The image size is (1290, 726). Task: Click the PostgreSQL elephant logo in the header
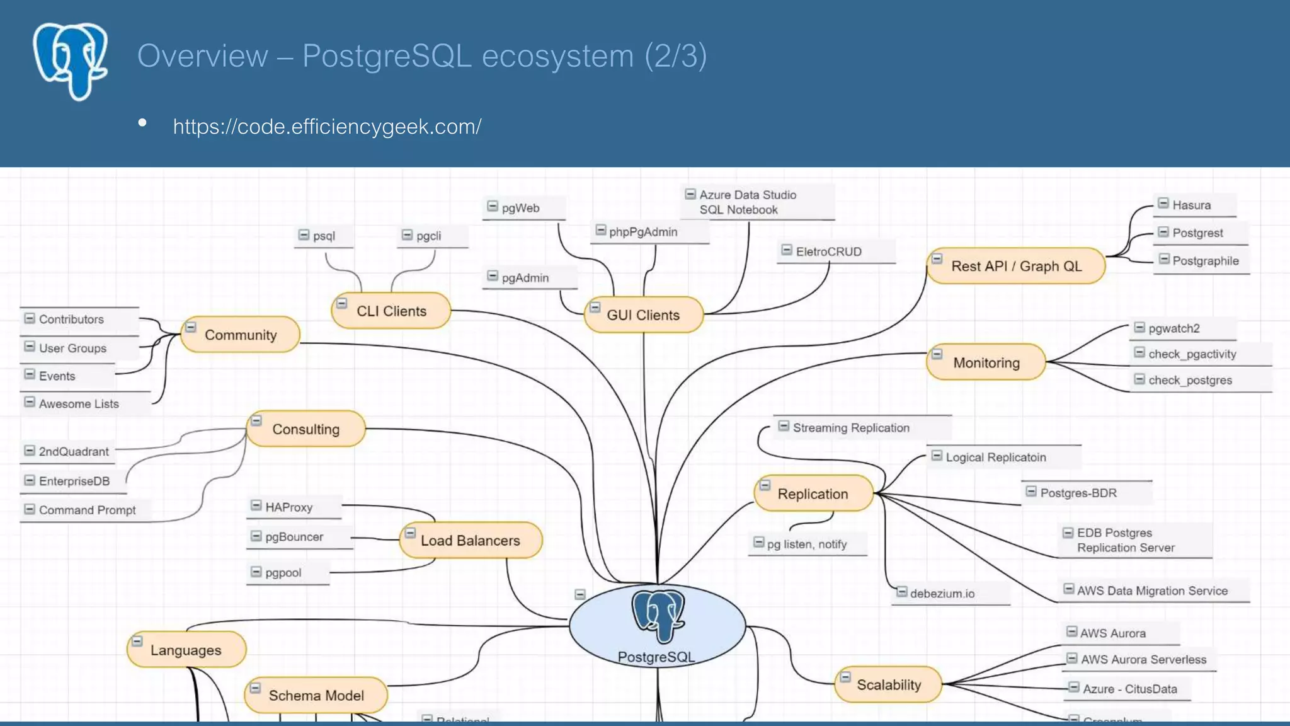(71, 61)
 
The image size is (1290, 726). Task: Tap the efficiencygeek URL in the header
(327, 127)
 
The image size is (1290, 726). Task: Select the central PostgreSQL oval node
(657, 626)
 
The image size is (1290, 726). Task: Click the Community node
(241, 335)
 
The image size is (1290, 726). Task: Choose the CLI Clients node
(391, 311)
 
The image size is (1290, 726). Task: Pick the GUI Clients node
(643, 314)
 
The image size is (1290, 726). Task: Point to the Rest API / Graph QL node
(1016, 266)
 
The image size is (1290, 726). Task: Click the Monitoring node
(986, 362)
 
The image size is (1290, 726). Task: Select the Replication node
(813, 493)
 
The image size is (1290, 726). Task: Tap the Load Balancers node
(470, 540)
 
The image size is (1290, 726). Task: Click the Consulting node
(305, 429)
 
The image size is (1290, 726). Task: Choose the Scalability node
(888, 684)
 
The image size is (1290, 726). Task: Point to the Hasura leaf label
(1191, 205)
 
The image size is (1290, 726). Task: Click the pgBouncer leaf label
(294, 537)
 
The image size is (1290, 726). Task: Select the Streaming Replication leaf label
(851, 428)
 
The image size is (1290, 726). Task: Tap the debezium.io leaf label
(942, 593)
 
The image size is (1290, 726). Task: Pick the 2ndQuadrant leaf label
(74, 451)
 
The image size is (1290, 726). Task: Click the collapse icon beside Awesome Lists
(30, 402)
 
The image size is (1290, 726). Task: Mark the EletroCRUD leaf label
(828, 251)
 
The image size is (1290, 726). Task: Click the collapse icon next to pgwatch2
(1139, 327)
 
